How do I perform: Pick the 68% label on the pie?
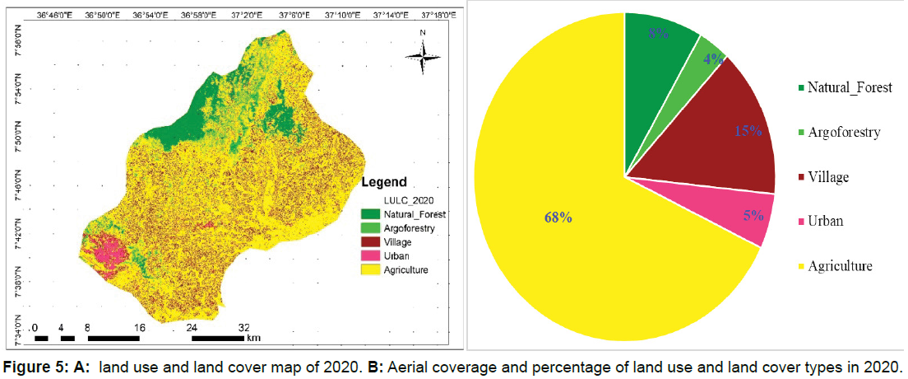(x=558, y=218)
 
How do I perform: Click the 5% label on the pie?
(x=753, y=216)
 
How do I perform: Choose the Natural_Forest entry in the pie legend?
(x=849, y=87)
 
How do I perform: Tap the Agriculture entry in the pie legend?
(x=839, y=266)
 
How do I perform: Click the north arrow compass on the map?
(x=422, y=54)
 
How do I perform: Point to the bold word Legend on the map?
(x=385, y=181)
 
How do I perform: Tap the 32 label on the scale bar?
(x=244, y=326)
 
